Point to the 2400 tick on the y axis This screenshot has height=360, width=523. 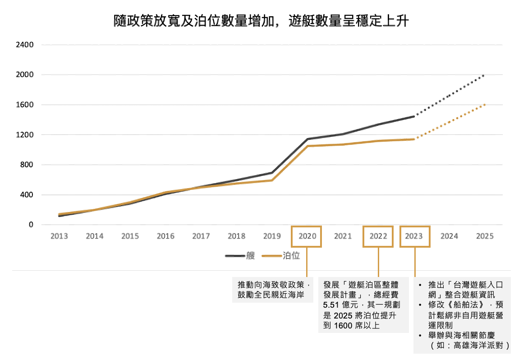click(x=25, y=45)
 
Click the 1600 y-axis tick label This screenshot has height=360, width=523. click(x=25, y=105)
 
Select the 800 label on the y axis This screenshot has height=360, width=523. click(x=27, y=165)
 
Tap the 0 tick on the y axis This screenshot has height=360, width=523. click(x=31, y=225)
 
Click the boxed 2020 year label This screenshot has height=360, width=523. click(x=307, y=236)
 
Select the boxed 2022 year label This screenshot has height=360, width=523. click(x=378, y=236)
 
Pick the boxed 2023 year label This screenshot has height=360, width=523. click(x=414, y=236)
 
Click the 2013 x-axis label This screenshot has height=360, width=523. click(x=59, y=236)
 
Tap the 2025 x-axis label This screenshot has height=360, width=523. click(x=485, y=236)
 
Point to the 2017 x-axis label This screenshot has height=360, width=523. click(x=201, y=236)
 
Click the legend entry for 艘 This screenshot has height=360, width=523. click(x=240, y=256)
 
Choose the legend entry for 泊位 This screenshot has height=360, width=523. click(x=282, y=256)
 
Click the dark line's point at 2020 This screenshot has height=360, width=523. click(x=307, y=139)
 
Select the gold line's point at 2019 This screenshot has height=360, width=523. click(x=272, y=180)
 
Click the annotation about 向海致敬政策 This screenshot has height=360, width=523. click(x=274, y=290)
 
